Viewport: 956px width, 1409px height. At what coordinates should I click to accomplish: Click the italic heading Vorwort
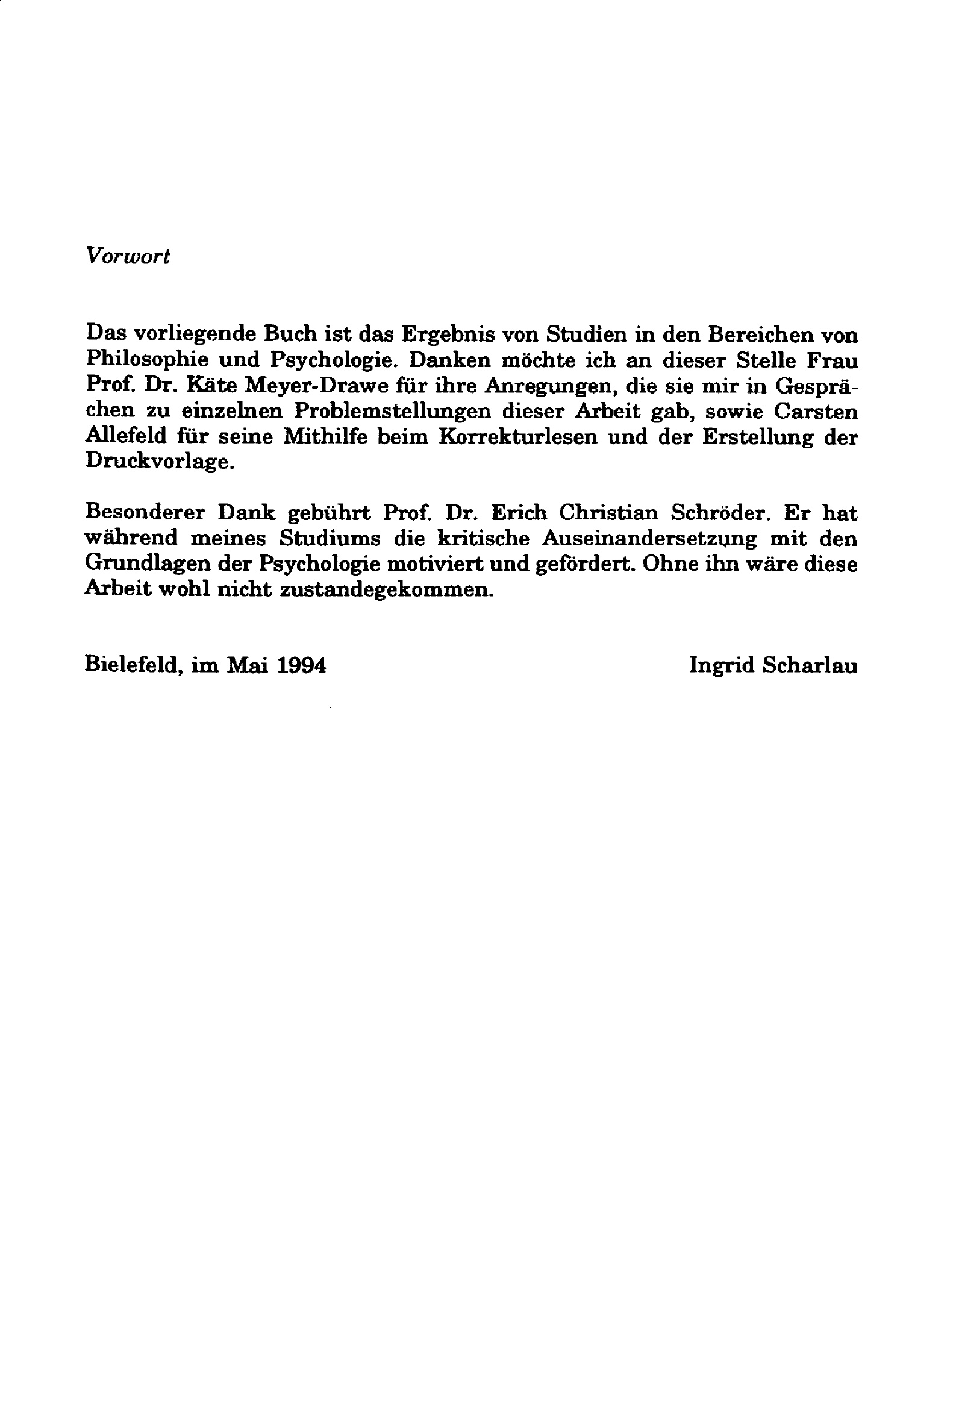[x=128, y=257]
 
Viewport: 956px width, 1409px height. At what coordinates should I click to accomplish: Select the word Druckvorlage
[x=159, y=462]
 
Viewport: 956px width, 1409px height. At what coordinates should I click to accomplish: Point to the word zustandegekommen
[x=386, y=589]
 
